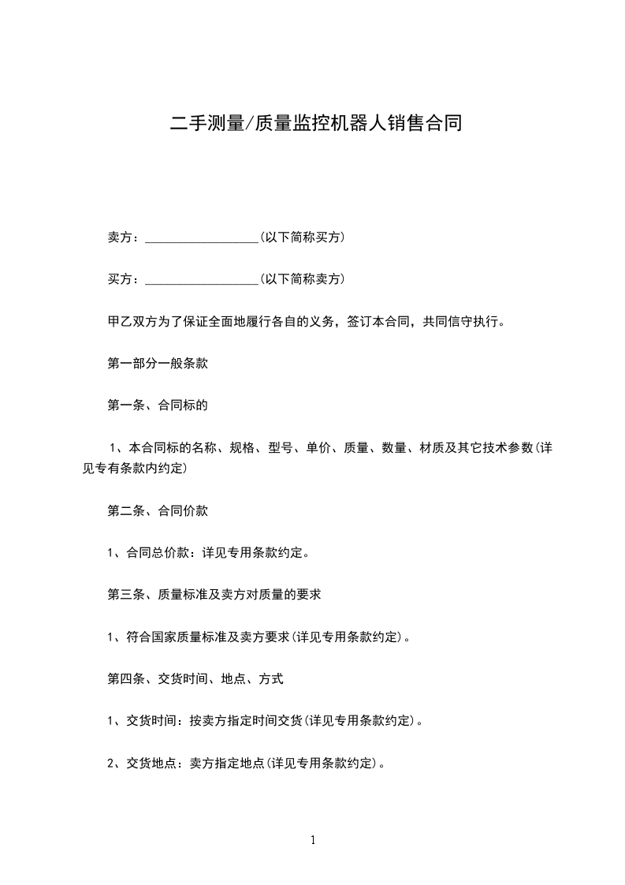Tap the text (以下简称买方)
tap(302, 237)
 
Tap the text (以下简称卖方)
tap(302, 278)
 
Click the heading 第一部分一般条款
tap(157, 364)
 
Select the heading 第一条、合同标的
tap(157, 405)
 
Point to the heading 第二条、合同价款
tap(157, 510)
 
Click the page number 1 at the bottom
tap(313, 841)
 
